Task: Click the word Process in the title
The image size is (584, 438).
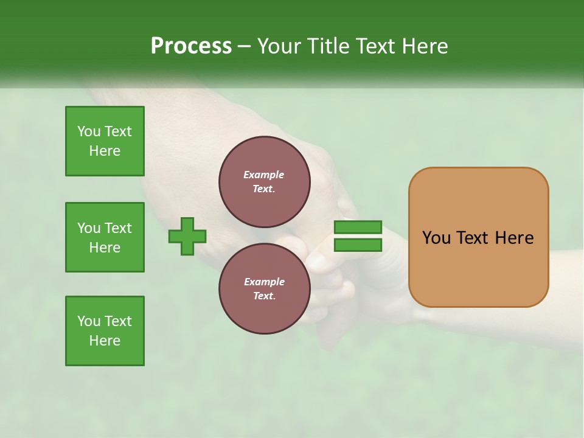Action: (x=191, y=46)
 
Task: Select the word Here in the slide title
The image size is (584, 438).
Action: (x=423, y=46)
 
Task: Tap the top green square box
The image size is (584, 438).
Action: (x=105, y=141)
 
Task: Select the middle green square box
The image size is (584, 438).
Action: (x=105, y=237)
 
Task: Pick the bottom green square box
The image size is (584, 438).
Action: (x=105, y=331)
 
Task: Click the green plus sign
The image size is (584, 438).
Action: (x=187, y=236)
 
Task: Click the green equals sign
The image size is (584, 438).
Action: (x=358, y=236)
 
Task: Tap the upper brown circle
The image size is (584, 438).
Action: (x=264, y=182)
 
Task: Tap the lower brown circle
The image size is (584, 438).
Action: (x=264, y=288)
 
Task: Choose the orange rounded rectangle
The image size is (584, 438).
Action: (x=478, y=237)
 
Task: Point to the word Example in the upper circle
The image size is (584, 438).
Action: (x=264, y=175)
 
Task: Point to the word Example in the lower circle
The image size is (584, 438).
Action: (x=264, y=282)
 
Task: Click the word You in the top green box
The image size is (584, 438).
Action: (x=89, y=131)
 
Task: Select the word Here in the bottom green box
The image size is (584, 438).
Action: (x=105, y=341)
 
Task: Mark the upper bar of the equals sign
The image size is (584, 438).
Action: (x=358, y=228)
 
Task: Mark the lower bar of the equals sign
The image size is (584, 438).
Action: (x=358, y=245)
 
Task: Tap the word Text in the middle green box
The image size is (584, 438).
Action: (x=118, y=228)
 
